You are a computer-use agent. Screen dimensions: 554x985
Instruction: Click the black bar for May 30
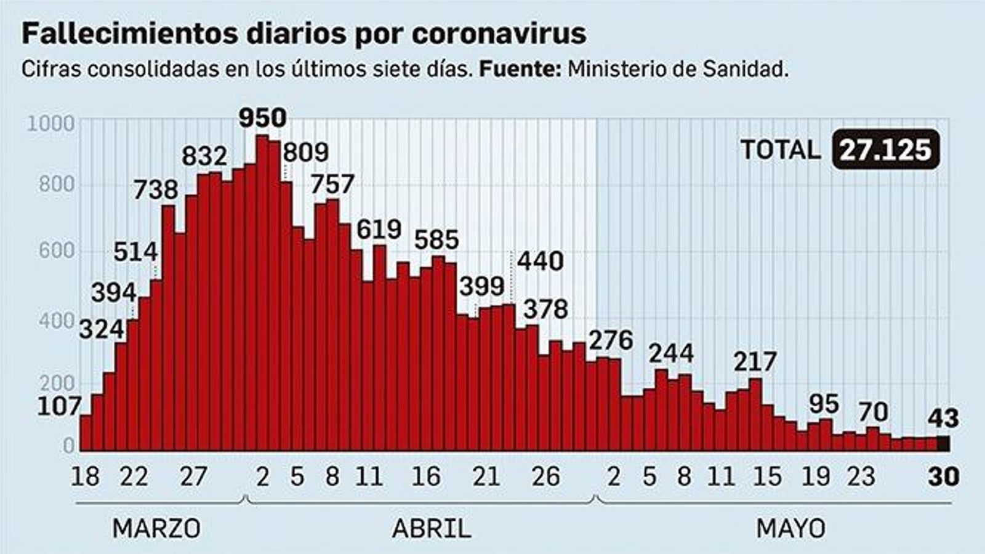(x=943, y=444)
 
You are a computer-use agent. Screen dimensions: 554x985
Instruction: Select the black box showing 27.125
(x=885, y=150)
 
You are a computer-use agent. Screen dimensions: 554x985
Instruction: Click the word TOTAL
(x=780, y=150)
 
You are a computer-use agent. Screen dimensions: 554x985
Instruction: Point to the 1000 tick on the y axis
(x=51, y=124)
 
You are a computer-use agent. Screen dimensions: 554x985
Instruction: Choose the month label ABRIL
(x=431, y=528)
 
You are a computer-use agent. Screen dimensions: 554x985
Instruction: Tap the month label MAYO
(x=790, y=528)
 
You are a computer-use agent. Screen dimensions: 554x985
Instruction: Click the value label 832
(x=204, y=156)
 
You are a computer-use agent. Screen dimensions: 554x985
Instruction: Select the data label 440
(x=540, y=261)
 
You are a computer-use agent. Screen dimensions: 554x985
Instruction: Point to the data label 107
(x=59, y=406)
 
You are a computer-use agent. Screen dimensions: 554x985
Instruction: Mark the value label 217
(x=755, y=361)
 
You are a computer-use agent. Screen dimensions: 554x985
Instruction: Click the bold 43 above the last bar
(x=943, y=419)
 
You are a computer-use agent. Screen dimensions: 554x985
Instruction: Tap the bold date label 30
(x=943, y=476)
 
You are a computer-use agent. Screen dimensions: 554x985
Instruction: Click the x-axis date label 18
(x=85, y=476)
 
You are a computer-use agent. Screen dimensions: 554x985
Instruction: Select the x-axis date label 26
(x=545, y=476)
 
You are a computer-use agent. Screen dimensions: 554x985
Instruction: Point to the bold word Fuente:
(x=520, y=69)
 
